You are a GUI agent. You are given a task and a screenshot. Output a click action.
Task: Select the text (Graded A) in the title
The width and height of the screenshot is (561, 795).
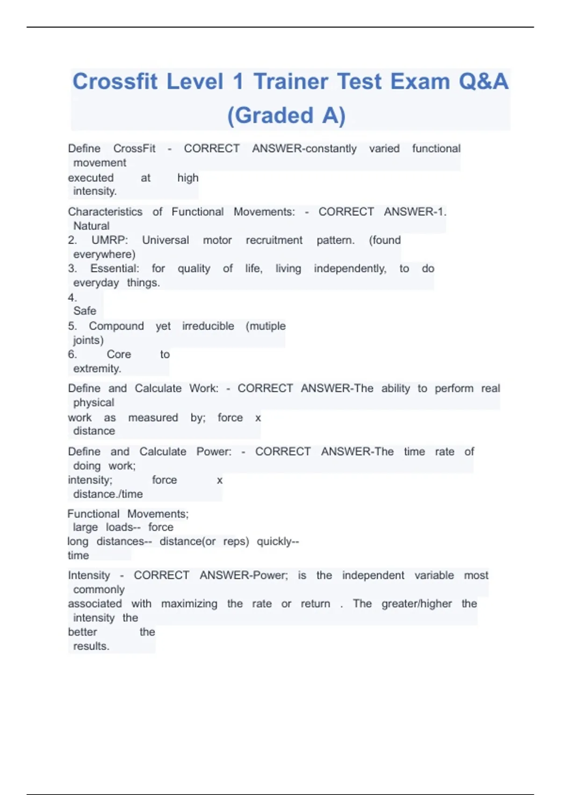click(286, 116)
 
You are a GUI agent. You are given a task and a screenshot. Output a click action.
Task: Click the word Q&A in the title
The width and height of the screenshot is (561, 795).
click(483, 82)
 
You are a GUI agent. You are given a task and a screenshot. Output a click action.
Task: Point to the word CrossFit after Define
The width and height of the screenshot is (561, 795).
click(134, 149)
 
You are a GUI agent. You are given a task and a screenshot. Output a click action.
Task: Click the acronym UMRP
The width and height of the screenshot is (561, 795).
click(109, 240)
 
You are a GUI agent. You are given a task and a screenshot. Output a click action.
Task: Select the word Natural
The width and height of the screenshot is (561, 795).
click(91, 226)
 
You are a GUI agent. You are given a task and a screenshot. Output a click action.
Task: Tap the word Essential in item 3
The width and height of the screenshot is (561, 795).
click(115, 269)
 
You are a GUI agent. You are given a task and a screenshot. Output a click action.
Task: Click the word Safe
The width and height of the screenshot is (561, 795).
click(85, 311)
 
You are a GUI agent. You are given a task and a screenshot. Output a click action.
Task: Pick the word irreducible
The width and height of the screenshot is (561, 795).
click(208, 326)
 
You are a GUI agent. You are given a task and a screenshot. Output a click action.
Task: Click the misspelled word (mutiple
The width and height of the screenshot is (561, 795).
click(266, 326)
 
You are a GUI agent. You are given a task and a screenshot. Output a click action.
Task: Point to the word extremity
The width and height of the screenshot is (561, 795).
click(97, 369)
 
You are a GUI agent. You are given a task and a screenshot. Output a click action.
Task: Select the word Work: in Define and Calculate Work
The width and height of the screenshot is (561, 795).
click(204, 389)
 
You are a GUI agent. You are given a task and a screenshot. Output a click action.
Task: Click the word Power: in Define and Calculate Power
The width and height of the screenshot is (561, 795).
click(214, 452)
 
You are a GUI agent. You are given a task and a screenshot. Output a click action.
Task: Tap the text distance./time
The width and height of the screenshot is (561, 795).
click(108, 494)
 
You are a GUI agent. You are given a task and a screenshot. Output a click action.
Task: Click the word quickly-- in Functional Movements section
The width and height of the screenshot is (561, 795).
click(278, 542)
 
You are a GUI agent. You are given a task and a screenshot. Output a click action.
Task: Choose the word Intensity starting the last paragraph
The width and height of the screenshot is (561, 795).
click(89, 576)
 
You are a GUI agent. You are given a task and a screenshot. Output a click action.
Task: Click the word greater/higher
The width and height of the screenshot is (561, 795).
click(417, 604)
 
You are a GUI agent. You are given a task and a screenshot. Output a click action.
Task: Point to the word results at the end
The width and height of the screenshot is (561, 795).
click(91, 646)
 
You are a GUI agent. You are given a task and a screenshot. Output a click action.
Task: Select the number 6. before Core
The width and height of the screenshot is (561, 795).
click(72, 354)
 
